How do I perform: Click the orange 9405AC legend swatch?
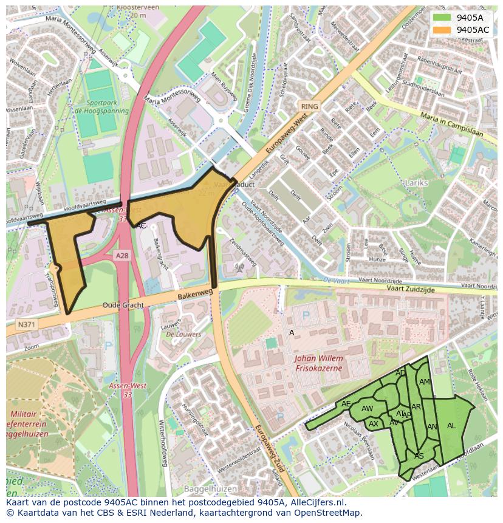442,30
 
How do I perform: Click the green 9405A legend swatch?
442,18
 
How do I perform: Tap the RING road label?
309,106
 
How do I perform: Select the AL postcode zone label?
451,426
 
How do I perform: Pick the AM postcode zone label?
424,382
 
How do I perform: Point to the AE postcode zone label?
346,404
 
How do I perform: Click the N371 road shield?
26,325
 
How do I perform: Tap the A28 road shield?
121,256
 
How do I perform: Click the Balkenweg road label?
195,293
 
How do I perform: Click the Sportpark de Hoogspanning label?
107,108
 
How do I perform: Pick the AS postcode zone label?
419,456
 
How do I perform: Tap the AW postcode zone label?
367,409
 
